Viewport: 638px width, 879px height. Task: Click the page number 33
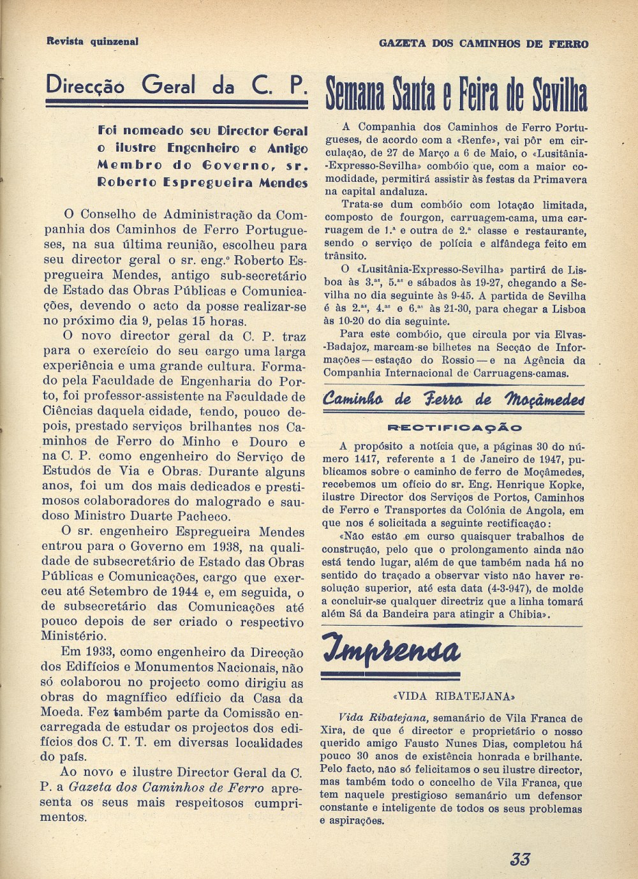[520, 859]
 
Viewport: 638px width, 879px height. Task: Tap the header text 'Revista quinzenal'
[93, 41]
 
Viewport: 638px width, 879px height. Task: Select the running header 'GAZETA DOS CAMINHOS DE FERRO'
[483, 44]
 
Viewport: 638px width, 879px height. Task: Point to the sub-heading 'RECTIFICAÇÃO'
[455, 427]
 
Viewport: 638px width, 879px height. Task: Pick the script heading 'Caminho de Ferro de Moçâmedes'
[454, 401]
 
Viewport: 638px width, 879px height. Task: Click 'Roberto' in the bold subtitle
[125, 182]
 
